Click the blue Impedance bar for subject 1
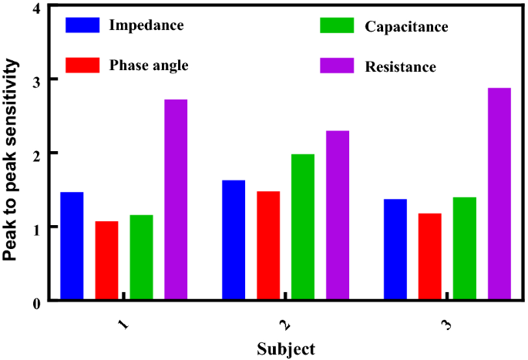pyautogui.click(x=72, y=246)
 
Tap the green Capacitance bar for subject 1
pyautogui.click(x=141, y=257)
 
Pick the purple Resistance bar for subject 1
pyautogui.click(x=176, y=200)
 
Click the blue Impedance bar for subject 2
pyautogui.click(x=234, y=240)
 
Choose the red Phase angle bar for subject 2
pyautogui.click(x=268, y=245)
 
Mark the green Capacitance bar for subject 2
pyautogui.click(x=303, y=227)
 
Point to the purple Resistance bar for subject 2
pyautogui.click(x=338, y=215)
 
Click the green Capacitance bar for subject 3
pyautogui.click(x=465, y=248)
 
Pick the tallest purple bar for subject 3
pyautogui.click(x=499, y=193)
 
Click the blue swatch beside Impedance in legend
pyautogui.click(x=82, y=25)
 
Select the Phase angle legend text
pyautogui.click(x=149, y=65)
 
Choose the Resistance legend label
pyautogui.click(x=400, y=66)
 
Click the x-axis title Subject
pyautogui.click(x=285, y=348)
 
